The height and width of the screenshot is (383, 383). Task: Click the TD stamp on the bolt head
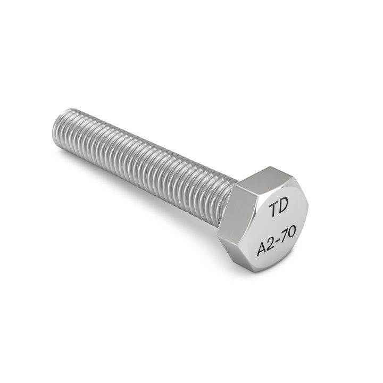click(277, 209)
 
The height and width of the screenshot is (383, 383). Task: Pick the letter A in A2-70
click(262, 248)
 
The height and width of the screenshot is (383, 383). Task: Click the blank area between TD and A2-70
click(278, 226)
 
